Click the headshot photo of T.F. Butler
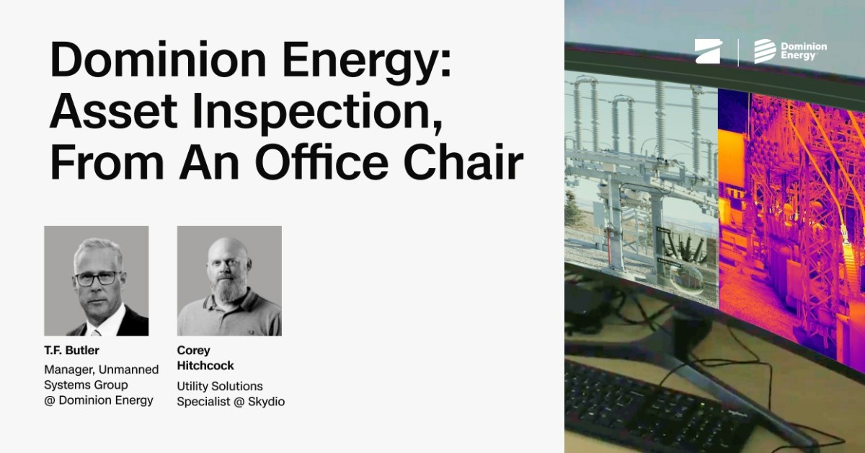click(x=97, y=281)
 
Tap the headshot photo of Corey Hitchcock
click(x=229, y=281)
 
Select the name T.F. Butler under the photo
click(x=71, y=351)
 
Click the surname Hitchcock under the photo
click(x=205, y=366)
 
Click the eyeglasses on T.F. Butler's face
click(x=96, y=277)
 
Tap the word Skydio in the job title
click(x=267, y=402)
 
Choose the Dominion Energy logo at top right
click(x=791, y=51)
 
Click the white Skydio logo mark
click(x=708, y=51)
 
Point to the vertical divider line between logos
click(x=738, y=52)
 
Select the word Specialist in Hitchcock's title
click(x=203, y=402)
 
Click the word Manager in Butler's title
click(x=66, y=369)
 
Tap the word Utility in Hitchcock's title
click(x=193, y=387)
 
